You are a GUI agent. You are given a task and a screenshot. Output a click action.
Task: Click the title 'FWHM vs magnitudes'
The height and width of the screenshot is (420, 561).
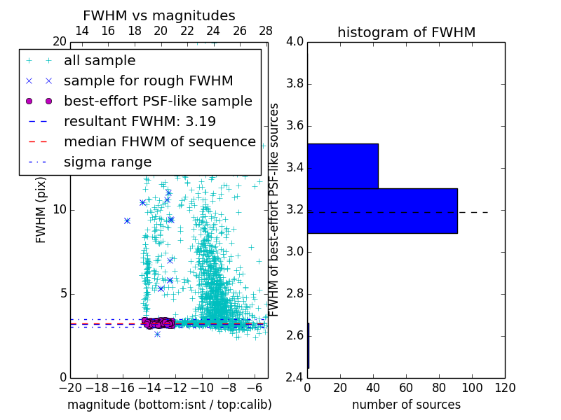click(x=158, y=15)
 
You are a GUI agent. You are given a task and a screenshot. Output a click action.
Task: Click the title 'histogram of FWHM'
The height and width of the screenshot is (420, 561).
click(x=406, y=32)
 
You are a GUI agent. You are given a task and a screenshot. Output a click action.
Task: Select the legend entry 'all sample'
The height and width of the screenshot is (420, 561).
click(x=100, y=61)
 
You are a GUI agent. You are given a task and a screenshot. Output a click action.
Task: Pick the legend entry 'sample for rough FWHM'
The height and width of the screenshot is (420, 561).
click(x=148, y=81)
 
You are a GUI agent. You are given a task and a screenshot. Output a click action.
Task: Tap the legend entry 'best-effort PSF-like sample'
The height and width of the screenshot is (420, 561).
click(x=158, y=101)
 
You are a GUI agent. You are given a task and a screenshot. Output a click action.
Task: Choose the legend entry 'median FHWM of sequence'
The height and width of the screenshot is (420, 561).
click(x=159, y=141)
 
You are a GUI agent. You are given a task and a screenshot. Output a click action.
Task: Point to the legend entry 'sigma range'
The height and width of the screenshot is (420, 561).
click(x=107, y=162)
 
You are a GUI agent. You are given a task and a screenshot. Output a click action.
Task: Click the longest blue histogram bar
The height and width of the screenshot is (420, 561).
click(x=382, y=211)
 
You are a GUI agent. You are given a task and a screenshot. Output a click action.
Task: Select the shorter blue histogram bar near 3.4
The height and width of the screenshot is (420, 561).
click(x=343, y=166)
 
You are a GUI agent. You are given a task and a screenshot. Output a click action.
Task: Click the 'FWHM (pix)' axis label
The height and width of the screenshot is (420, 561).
click(x=41, y=209)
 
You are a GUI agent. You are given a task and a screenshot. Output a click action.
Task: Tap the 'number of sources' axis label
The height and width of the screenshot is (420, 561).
click(x=406, y=405)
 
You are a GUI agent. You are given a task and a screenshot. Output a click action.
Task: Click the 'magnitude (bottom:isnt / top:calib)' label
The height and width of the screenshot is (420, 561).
click(x=169, y=405)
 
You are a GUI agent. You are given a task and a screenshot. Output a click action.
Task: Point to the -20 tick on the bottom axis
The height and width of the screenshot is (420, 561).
click(x=70, y=388)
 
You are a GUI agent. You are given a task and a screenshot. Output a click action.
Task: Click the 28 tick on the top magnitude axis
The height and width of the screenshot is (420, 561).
click(x=266, y=31)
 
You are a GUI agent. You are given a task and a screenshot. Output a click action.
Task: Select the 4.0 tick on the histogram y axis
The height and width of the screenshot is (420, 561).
click(x=295, y=42)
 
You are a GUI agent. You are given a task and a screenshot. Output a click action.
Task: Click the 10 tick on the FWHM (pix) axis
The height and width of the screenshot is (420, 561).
click(x=60, y=210)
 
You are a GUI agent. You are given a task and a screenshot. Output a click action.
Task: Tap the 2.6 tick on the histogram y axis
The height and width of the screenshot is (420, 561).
click(x=295, y=335)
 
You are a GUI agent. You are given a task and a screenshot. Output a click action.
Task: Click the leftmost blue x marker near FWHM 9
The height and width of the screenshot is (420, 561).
click(x=127, y=220)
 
